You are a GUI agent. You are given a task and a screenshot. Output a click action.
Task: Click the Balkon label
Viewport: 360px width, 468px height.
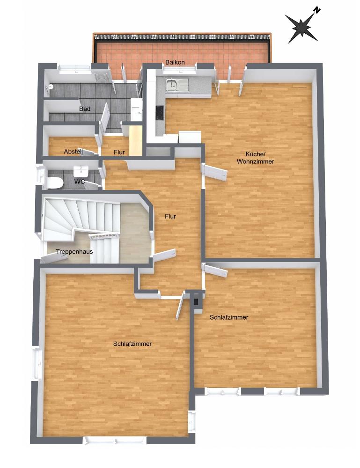[175, 62]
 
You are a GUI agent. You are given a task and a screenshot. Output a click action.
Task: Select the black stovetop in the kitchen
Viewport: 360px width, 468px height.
[160, 113]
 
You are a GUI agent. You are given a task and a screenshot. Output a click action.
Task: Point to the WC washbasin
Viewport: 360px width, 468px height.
[81, 170]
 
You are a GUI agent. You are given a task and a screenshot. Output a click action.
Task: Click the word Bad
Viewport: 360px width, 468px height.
[85, 109]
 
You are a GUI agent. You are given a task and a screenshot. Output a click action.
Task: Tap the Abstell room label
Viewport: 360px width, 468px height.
[73, 152]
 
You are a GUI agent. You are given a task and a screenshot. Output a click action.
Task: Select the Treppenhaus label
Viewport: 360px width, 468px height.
[74, 252]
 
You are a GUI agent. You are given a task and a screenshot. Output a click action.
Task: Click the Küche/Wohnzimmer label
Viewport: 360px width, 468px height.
[255, 158]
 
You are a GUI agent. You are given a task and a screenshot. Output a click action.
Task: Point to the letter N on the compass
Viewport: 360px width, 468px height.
[316, 10]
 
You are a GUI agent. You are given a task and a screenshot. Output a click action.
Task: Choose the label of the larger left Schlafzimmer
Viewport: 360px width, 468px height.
[132, 344]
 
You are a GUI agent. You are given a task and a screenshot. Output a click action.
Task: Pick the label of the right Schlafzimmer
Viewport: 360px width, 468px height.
[228, 317]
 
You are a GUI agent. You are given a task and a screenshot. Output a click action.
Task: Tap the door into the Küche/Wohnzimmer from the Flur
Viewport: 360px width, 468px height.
[215, 173]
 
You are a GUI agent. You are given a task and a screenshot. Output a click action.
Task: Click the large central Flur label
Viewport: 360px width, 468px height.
[170, 216]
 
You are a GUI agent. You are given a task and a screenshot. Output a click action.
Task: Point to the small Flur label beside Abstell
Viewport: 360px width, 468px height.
[119, 152]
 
